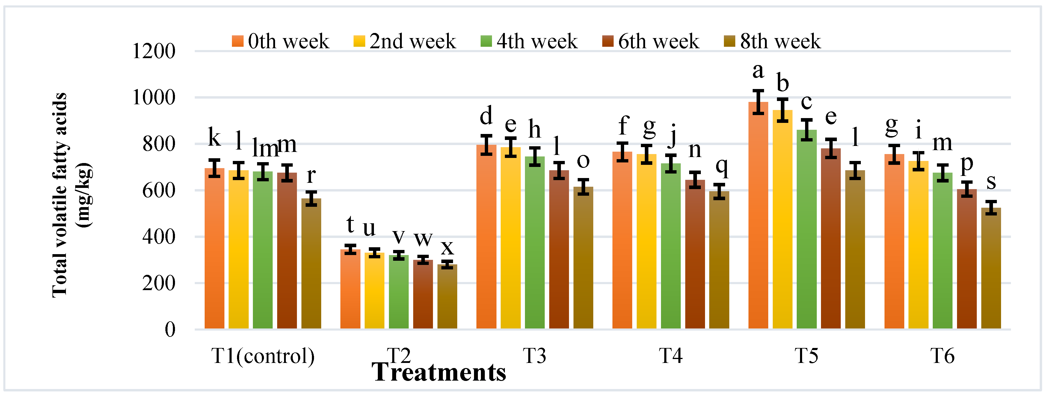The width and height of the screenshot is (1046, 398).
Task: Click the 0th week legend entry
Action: coord(280,41)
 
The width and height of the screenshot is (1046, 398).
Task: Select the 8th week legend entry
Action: coord(772,41)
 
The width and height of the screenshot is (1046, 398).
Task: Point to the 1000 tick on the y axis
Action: coord(153,97)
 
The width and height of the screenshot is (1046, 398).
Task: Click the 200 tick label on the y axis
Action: coord(159,283)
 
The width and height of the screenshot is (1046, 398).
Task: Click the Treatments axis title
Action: coord(439,372)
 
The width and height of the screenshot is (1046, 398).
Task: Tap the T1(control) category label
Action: coord(263,356)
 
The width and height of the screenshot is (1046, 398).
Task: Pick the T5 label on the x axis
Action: coord(806,356)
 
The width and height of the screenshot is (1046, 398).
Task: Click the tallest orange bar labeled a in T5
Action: coord(758,219)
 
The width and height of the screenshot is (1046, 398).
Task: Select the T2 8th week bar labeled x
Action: coord(447,296)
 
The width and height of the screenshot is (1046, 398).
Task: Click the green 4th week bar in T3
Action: coord(534,244)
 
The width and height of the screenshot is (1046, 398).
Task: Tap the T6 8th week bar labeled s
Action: coord(991,268)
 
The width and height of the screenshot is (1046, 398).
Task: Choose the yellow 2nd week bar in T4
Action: coord(646,244)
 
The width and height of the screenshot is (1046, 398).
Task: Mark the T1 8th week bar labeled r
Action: coord(311,264)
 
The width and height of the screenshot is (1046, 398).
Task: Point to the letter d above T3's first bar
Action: coord(486,116)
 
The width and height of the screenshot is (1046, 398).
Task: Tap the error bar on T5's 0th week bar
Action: coord(758,102)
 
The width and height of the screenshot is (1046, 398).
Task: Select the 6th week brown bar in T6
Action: coord(966,260)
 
